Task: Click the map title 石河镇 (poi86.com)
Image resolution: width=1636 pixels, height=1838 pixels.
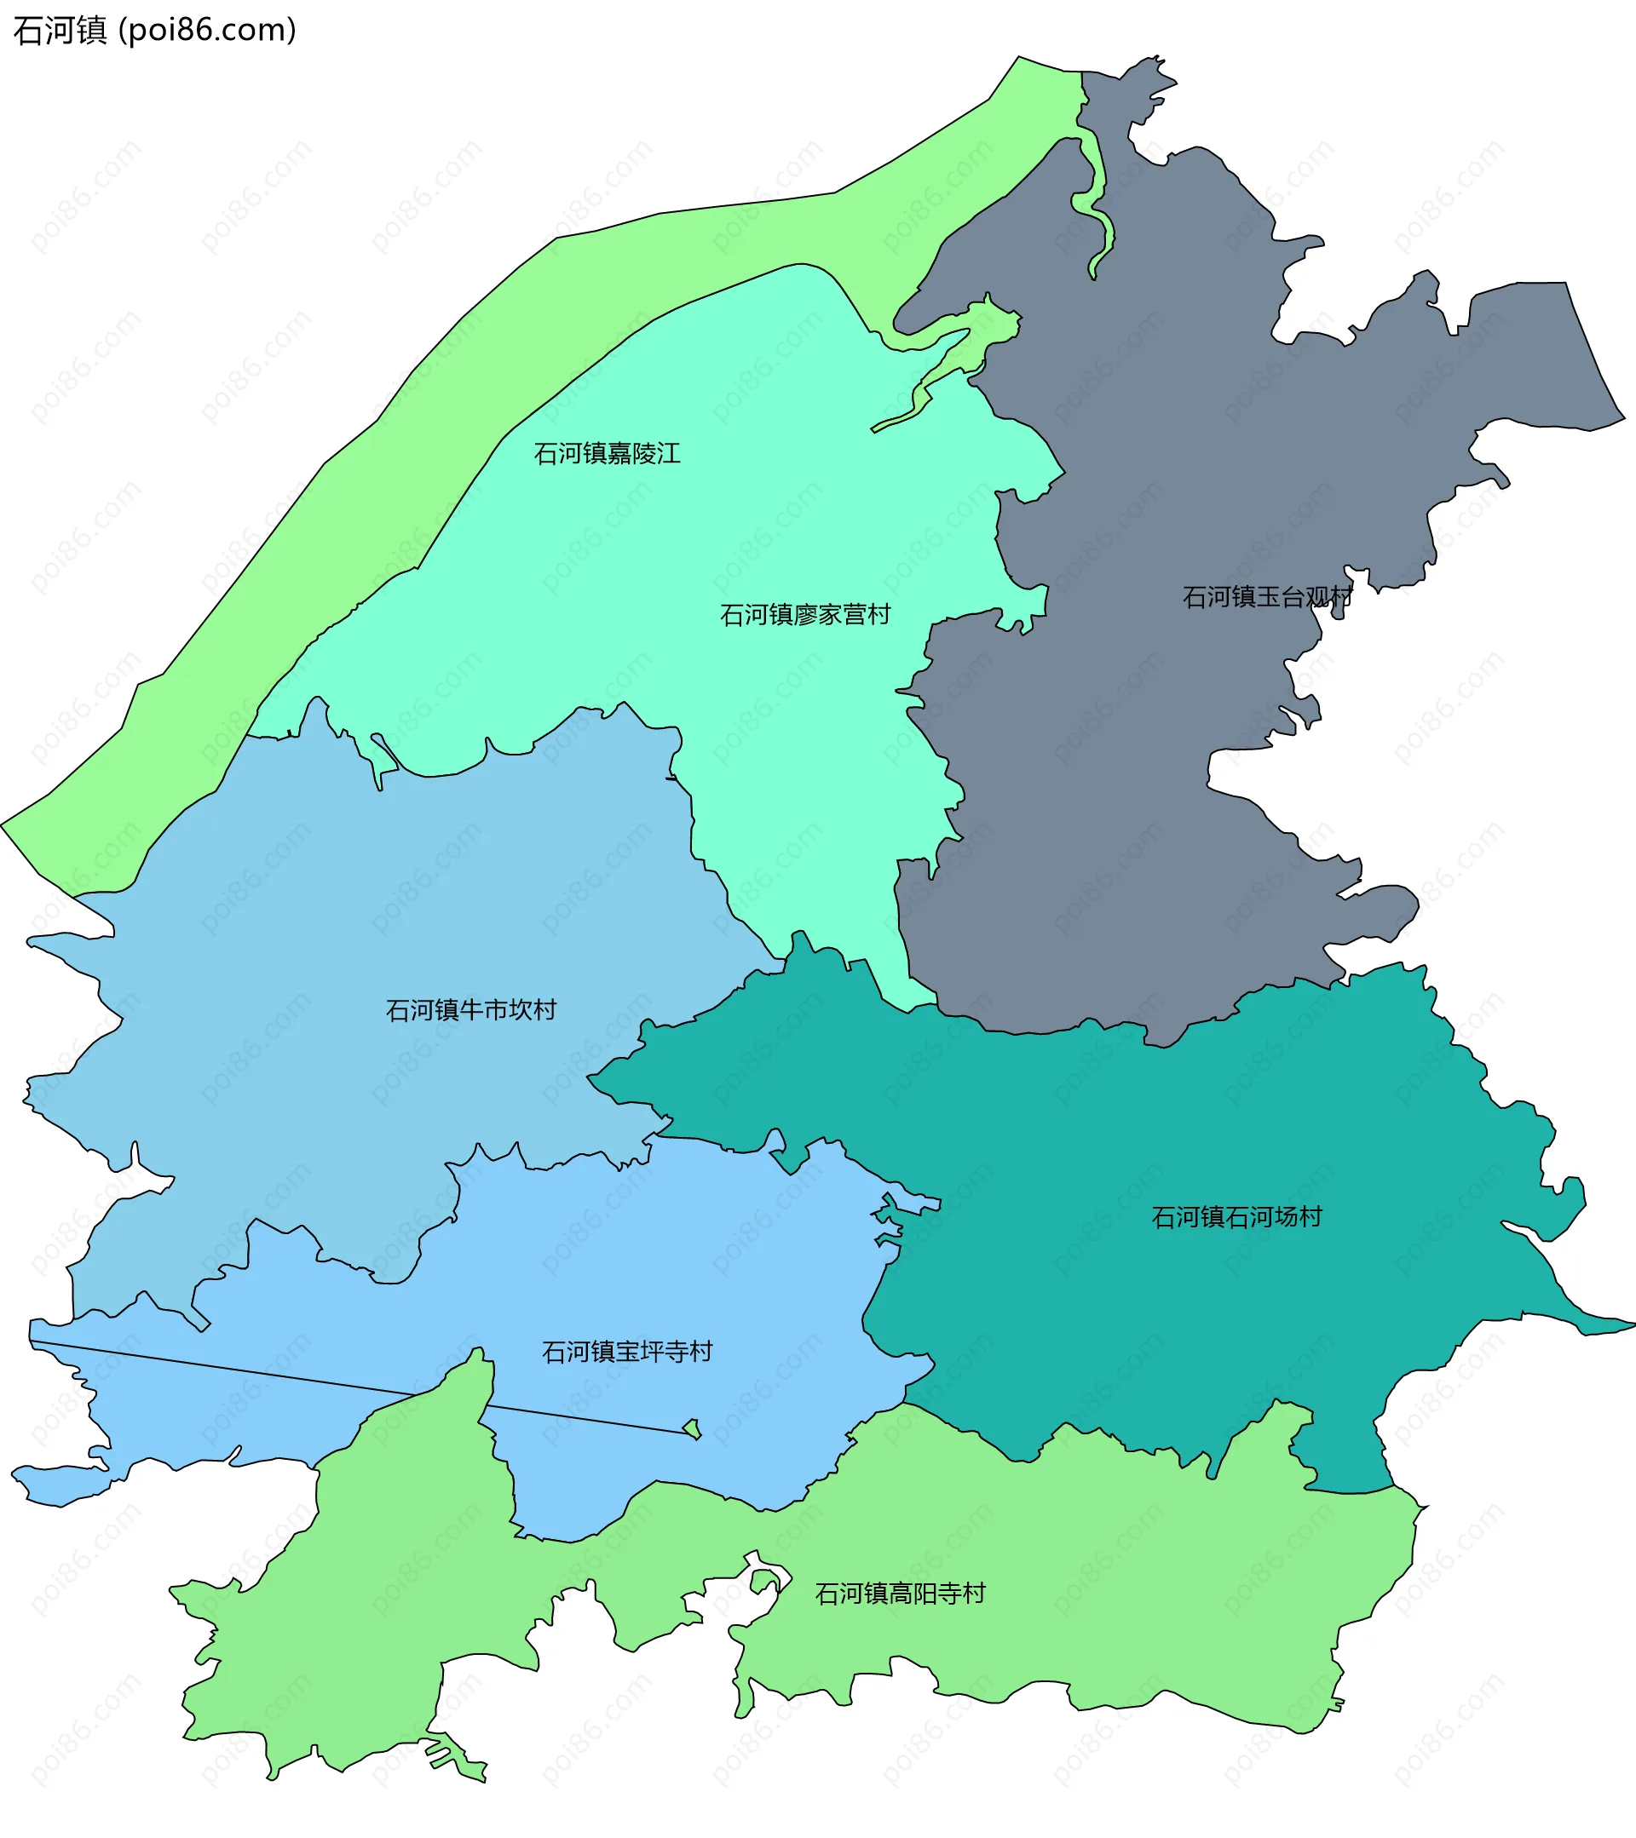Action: pyautogui.click(x=155, y=30)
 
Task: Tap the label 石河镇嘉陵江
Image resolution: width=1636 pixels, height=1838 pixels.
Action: pyautogui.click(x=607, y=453)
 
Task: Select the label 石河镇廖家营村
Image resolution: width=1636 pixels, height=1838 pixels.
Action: pyautogui.click(x=805, y=614)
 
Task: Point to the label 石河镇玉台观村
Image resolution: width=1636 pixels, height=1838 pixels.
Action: pyautogui.click(x=1267, y=597)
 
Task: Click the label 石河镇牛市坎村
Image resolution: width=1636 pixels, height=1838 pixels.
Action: pyautogui.click(x=471, y=1010)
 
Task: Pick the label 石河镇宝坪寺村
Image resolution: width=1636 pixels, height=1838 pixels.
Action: pyautogui.click(x=627, y=1352)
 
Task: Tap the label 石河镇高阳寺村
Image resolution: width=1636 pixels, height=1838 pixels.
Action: pyautogui.click(x=901, y=1594)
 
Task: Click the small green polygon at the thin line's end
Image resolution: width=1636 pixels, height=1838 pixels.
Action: pyautogui.click(x=692, y=1428)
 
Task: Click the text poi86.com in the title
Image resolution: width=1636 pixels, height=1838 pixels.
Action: pyautogui.click(x=208, y=30)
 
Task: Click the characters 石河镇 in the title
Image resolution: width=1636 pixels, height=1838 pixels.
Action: pyautogui.click(x=60, y=30)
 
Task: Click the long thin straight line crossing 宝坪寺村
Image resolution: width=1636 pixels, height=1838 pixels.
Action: pyautogui.click(x=270, y=1373)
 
